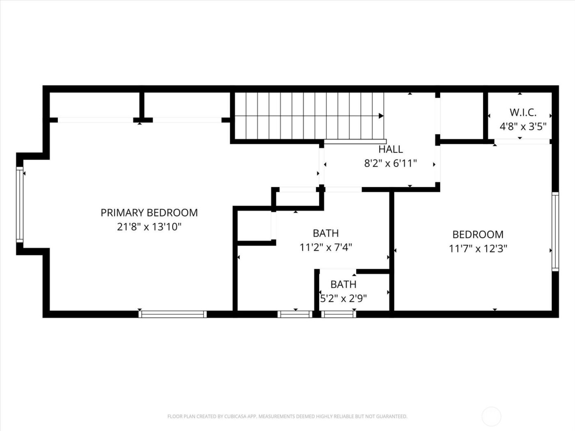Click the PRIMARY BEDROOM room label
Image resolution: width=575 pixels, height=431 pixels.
click(x=149, y=213)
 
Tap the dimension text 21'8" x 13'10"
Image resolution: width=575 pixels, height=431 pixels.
click(x=149, y=227)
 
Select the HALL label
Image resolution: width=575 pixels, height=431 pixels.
click(x=390, y=149)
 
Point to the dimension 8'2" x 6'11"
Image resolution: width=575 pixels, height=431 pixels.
click(x=390, y=163)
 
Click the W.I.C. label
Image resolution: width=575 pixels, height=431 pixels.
click(x=523, y=112)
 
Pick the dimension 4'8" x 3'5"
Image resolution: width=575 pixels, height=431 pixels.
click(x=523, y=126)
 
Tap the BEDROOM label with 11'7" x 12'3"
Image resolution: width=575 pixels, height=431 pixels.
click(x=478, y=234)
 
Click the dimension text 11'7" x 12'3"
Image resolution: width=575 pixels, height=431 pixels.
click(x=478, y=248)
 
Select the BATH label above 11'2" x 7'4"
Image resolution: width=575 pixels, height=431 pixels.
click(x=326, y=233)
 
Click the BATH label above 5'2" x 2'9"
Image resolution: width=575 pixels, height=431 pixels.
click(x=343, y=284)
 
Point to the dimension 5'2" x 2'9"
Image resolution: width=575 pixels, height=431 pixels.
click(x=343, y=298)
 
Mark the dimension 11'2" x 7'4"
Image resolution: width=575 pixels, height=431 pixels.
click(x=326, y=247)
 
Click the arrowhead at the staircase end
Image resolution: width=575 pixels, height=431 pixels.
click(x=381, y=116)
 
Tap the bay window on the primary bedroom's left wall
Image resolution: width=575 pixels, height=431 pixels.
click(x=19, y=204)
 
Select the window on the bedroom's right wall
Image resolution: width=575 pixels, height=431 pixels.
click(x=555, y=232)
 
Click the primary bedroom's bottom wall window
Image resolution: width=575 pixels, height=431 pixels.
click(x=172, y=314)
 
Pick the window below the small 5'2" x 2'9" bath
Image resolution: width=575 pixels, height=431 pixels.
click(x=338, y=314)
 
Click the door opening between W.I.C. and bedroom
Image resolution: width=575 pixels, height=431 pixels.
click(x=522, y=142)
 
